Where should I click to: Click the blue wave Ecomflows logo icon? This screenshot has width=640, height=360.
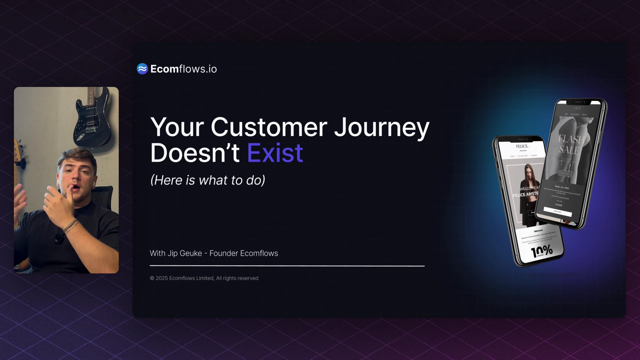click(142, 69)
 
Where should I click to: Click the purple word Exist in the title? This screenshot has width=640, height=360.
click(275, 153)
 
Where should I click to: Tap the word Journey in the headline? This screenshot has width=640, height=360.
click(382, 128)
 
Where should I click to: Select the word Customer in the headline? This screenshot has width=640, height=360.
click(269, 128)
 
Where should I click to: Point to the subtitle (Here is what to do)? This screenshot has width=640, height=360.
click(208, 180)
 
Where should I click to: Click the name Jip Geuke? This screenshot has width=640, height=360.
click(185, 253)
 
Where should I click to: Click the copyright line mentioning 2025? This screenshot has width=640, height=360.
click(204, 278)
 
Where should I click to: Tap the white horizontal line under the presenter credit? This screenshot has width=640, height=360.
click(287, 266)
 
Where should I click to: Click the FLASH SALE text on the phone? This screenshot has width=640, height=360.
click(571, 144)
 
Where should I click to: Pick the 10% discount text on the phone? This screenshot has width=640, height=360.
click(542, 251)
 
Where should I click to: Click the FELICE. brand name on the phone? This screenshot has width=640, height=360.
click(522, 146)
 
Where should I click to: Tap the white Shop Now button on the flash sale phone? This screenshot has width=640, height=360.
click(557, 212)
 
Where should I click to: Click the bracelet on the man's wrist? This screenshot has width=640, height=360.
click(71, 226)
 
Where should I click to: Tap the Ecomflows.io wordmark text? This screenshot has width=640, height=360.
click(184, 69)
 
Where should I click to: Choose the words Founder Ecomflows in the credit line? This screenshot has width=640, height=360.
click(244, 253)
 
